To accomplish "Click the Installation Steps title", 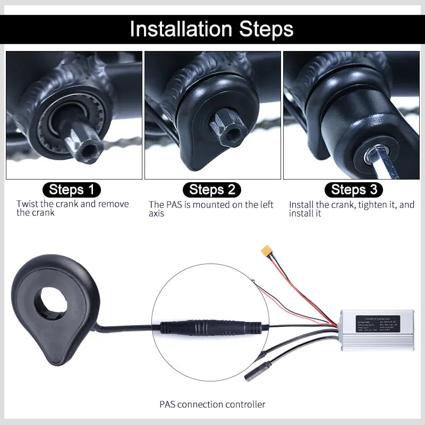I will [212, 29].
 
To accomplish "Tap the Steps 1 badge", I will [71, 190].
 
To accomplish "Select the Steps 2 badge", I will [211, 190].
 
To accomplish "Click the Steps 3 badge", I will [353, 190].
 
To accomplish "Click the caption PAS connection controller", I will [212, 404].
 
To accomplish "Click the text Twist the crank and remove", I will [72, 204].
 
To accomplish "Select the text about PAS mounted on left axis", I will [211, 209].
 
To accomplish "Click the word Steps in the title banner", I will [263, 29].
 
